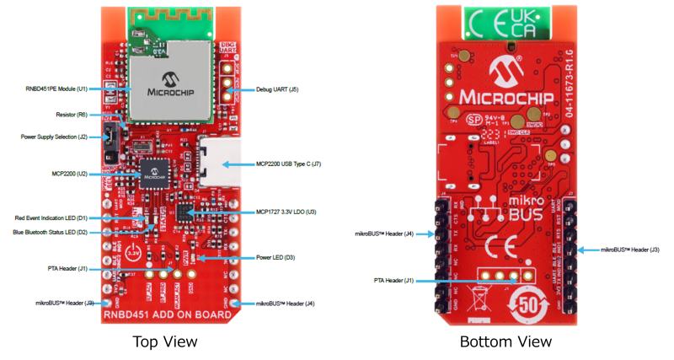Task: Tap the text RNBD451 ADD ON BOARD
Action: [168, 315]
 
